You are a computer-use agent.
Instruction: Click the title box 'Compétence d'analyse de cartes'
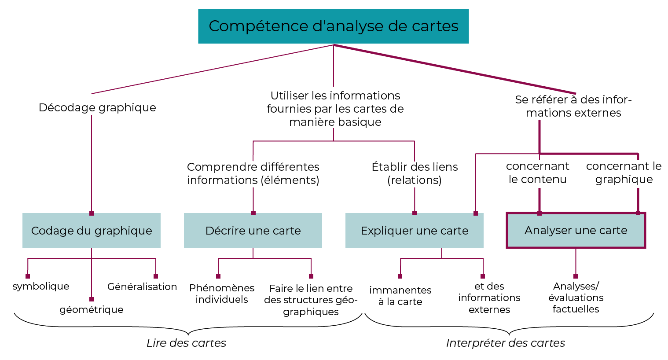click(x=333, y=26)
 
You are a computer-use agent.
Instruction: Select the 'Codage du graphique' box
click(x=92, y=231)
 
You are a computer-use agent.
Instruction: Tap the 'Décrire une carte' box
click(x=253, y=231)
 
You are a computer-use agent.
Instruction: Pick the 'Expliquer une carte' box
click(x=414, y=231)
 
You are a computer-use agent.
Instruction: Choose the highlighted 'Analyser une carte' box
click(x=576, y=230)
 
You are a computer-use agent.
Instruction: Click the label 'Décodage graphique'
click(x=97, y=107)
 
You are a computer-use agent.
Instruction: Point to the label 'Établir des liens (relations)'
click(x=415, y=173)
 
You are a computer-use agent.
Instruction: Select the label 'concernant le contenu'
click(x=537, y=173)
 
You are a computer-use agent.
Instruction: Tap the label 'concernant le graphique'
click(x=624, y=173)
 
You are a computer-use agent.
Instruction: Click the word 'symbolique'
click(x=41, y=287)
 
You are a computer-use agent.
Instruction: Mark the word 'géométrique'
click(x=92, y=309)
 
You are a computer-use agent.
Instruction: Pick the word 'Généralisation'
click(x=142, y=287)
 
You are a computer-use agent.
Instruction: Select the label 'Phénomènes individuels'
click(x=222, y=294)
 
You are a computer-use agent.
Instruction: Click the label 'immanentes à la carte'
click(x=400, y=296)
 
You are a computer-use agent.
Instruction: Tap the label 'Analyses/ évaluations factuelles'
click(x=576, y=298)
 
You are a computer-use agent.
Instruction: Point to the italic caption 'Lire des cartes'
click(x=186, y=343)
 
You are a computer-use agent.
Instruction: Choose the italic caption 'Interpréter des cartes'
click(x=505, y=343)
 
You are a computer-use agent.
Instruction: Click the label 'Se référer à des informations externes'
click(x=573, y=106)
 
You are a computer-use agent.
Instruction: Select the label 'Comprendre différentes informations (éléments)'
click(x=253, y=173)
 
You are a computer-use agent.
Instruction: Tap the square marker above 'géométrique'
click(x=92, y=299)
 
